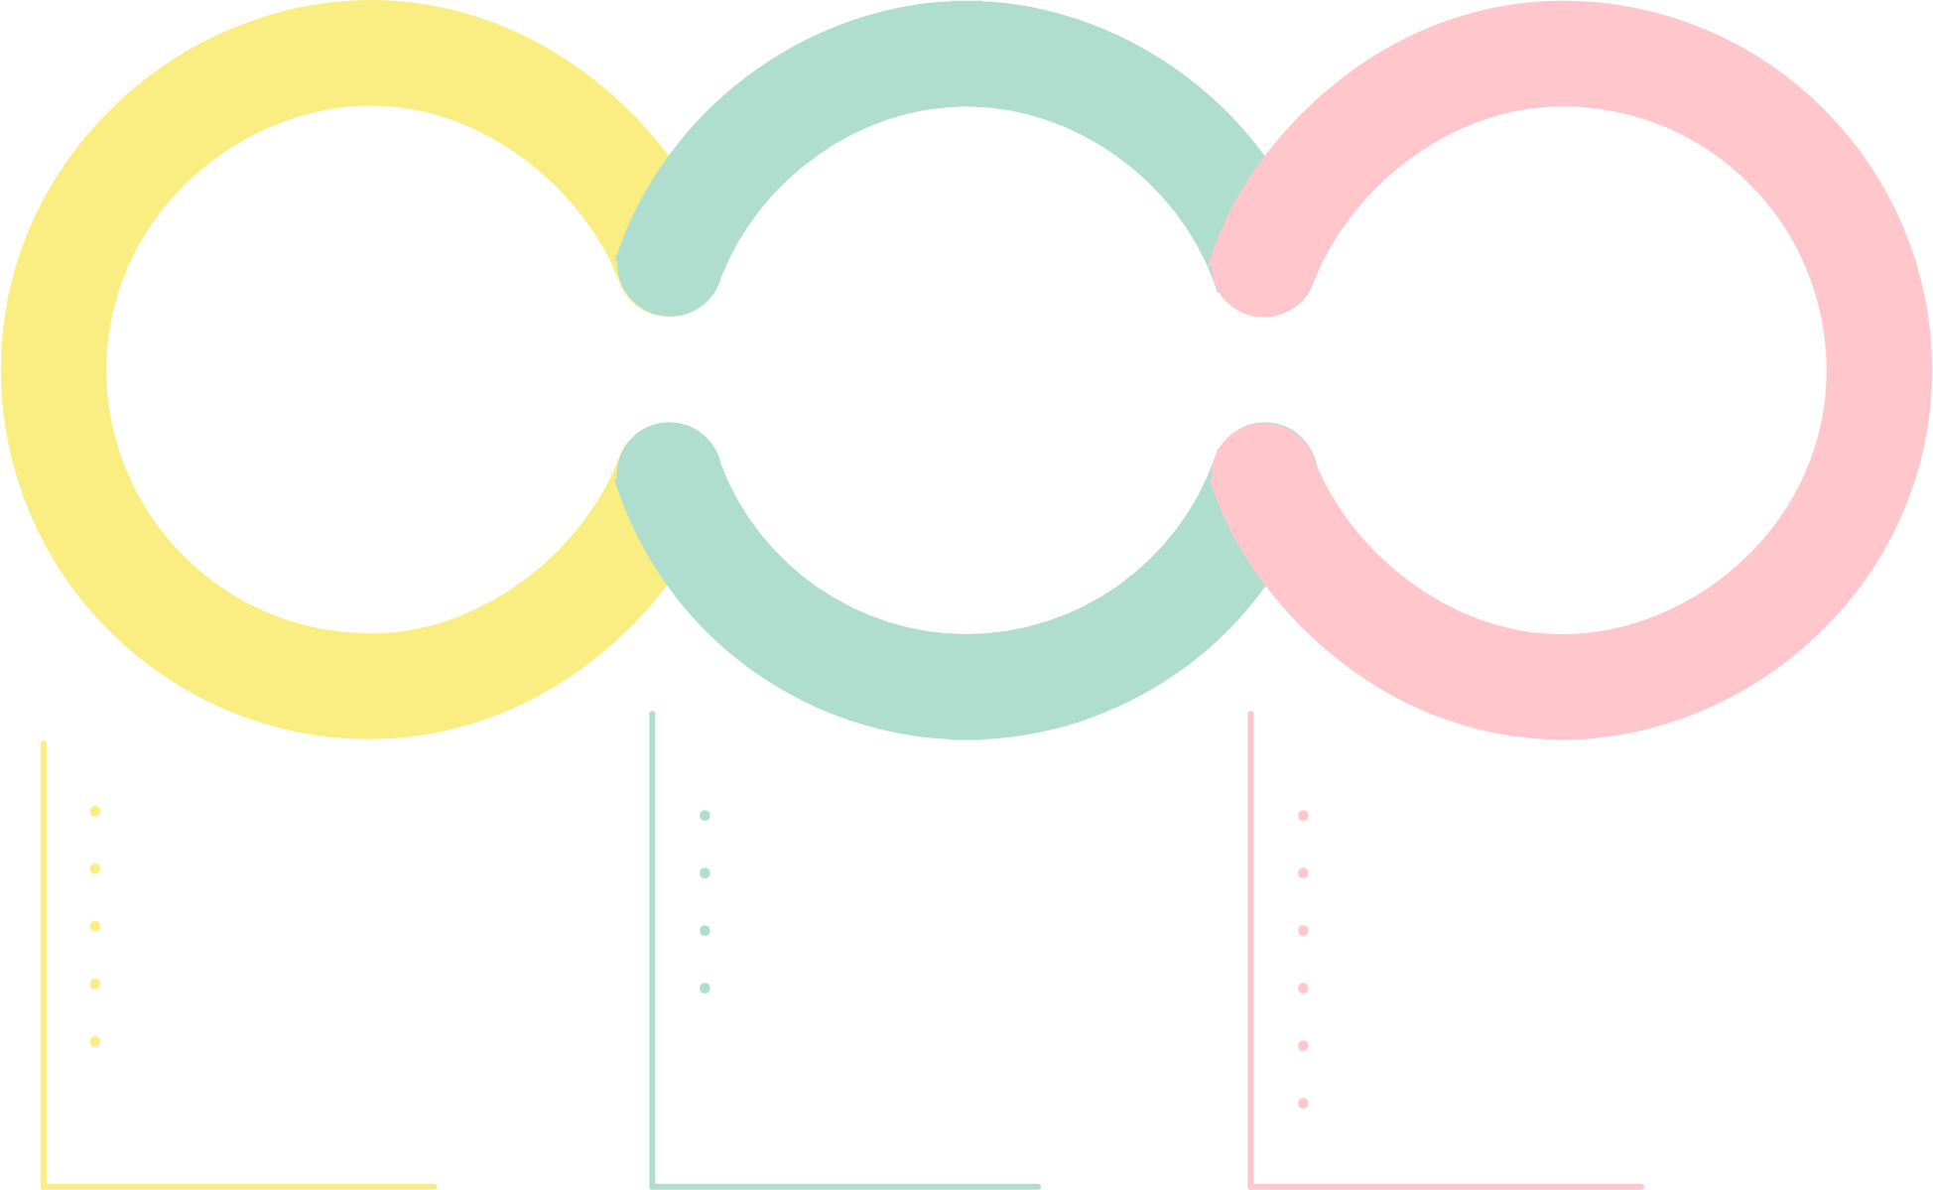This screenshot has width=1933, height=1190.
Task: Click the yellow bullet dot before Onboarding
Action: coord(95,1044)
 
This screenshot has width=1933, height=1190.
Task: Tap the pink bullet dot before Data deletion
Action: coord(1304,1048)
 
